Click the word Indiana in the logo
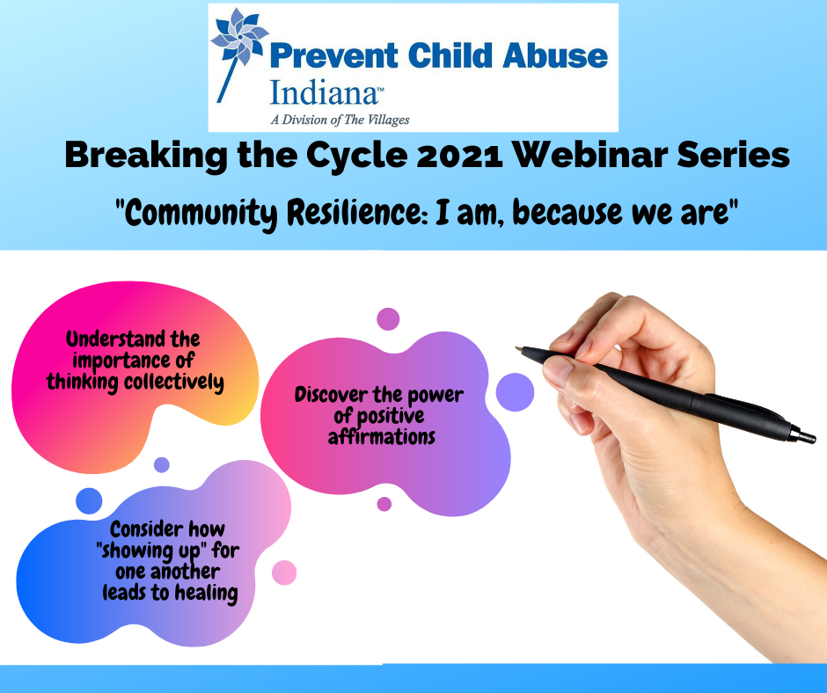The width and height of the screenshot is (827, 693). tap(325, 93)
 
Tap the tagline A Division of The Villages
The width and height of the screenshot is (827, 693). tap(340, 120)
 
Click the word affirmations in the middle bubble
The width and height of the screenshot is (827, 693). tap(382, 437)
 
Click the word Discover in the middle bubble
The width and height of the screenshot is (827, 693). tap(331, 395)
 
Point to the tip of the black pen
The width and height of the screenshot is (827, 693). tap(517, 348)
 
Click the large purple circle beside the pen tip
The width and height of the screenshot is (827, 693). tap(515, 392)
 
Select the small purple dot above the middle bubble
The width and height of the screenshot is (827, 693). tap(388, 319)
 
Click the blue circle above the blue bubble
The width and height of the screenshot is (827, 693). tap(89, 500)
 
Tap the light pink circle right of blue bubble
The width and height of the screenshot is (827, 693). tap(284, 573)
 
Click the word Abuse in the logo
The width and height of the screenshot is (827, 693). tap(555, 55)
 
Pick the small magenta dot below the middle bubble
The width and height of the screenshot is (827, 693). tap(384, 504)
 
